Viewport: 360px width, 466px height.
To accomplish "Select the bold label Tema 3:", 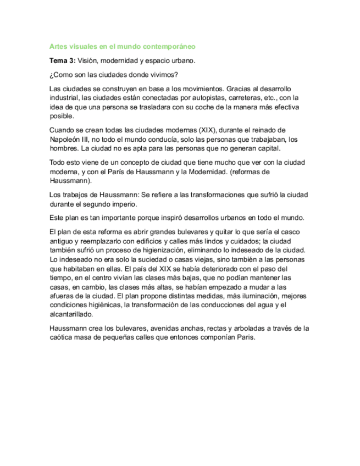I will [62, 60].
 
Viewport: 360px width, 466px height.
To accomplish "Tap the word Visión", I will [90, 60].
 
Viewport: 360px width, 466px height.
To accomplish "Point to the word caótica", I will [61, 338].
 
